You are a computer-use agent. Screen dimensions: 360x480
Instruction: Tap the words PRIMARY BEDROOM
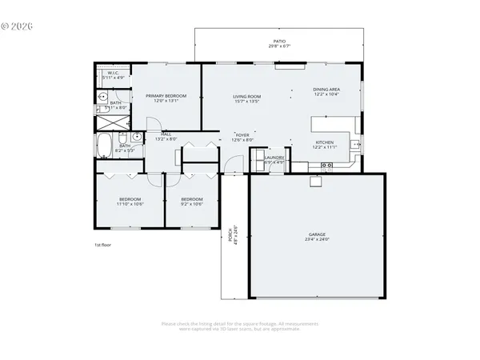[x=166, y=96]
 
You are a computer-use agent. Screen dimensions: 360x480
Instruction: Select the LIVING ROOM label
[x=246, y=96]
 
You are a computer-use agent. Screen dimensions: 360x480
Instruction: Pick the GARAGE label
[x=318, y=234]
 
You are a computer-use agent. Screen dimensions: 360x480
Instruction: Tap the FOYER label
[x=242, y=135]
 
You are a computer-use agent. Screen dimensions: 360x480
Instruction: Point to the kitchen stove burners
[x=326, y=165]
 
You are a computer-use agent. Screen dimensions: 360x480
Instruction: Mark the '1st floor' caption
[x=102, y=245]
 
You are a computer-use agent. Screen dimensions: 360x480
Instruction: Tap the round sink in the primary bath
[x=102, y=96]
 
